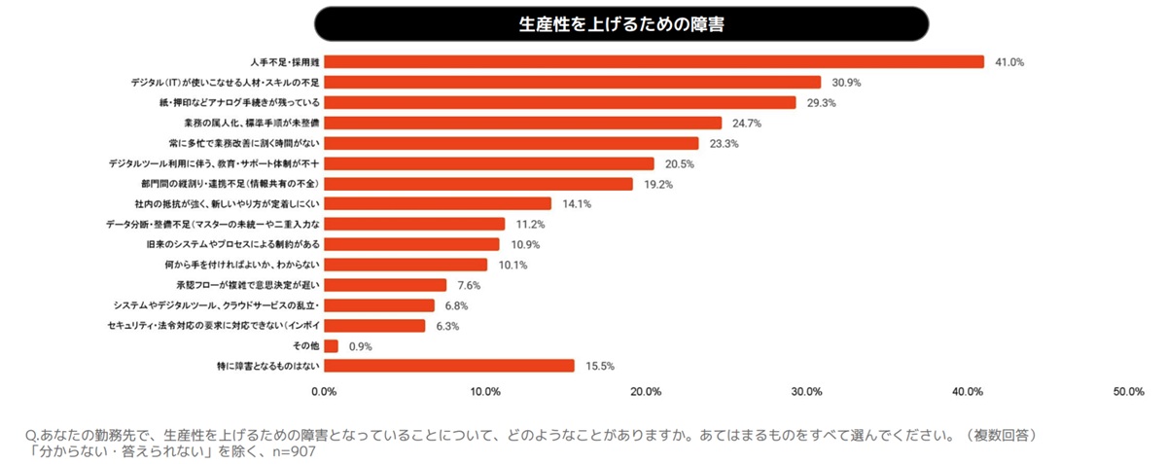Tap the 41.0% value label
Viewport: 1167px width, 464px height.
(x=1009, y=62)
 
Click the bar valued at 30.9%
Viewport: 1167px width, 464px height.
(x=572, y=83)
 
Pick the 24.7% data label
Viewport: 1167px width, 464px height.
(x=747, y=124)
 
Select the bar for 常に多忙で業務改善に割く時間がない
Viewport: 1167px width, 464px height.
(x=511, y=143)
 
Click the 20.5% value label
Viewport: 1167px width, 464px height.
(x=679, y=163)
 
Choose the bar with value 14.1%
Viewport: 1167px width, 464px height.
(x=438, y=204)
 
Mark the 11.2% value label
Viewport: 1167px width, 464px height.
(x=530, y=224)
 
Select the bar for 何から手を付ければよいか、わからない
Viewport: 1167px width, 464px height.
(x=405, y=265)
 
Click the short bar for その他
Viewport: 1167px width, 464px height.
(x=331, y=345)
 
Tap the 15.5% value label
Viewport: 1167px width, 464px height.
(x=599, y=366)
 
